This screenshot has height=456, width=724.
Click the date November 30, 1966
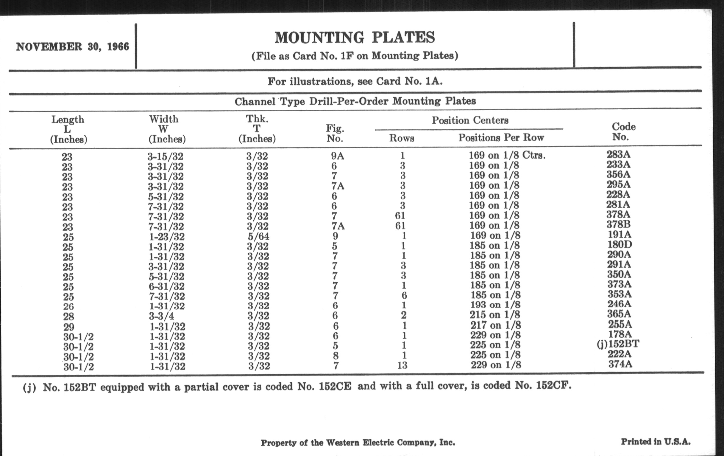tap(72, 47)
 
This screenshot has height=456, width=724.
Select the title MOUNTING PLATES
tap(355, 38)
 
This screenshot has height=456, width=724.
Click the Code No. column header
tap(623, 131)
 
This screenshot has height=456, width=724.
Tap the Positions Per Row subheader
tap(501, 138)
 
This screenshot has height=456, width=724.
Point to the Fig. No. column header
tap(335, 133)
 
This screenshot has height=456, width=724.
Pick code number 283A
tap(618, 154)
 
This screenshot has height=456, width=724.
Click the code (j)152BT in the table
tap(618, 344)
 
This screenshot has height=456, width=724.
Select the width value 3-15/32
tap(165, 156)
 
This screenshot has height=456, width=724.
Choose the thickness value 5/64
tap(258, 236)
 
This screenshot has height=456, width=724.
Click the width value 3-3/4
tap(162, 316)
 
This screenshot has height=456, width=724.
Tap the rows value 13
tap(402, 365)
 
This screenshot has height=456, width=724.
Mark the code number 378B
tap(618, 224)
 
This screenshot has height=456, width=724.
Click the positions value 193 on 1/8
tap(495, 305)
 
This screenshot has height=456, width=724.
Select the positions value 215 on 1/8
tap(495, 315)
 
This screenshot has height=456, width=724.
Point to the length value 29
tap(68, 327)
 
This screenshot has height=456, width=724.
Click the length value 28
tap(68, 317)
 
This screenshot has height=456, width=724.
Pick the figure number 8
tap(336, 356)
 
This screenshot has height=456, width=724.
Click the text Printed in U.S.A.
tap(656, 442)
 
